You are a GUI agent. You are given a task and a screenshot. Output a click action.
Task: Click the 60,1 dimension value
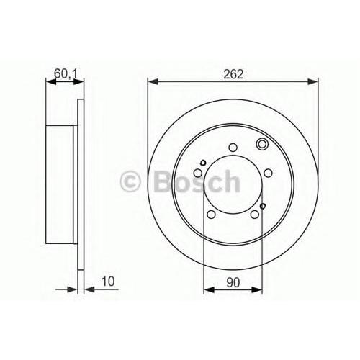click(66, 73)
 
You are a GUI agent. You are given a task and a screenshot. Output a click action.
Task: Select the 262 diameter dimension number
click(233, 74)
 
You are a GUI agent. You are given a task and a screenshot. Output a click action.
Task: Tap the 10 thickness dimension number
click(108, 282)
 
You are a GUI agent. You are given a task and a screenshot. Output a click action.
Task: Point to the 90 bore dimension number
click(233, 282)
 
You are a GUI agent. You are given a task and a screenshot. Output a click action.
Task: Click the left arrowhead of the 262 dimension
click(153, 81)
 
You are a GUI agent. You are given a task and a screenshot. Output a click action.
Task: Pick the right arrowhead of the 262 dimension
click(312, 81)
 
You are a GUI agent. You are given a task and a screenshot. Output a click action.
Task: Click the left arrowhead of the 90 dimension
click(209, 289)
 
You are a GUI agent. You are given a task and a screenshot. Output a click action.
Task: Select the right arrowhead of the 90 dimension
click(257, 289)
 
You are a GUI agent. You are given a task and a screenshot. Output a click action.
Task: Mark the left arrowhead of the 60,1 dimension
click(51, 82)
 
